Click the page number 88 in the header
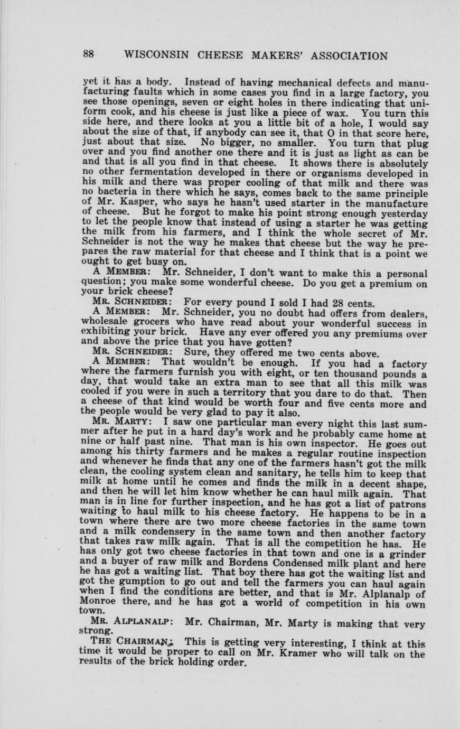point(88,55)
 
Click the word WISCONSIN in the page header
point(157,56)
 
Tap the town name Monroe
point(99,601)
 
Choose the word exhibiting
point(109,332)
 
